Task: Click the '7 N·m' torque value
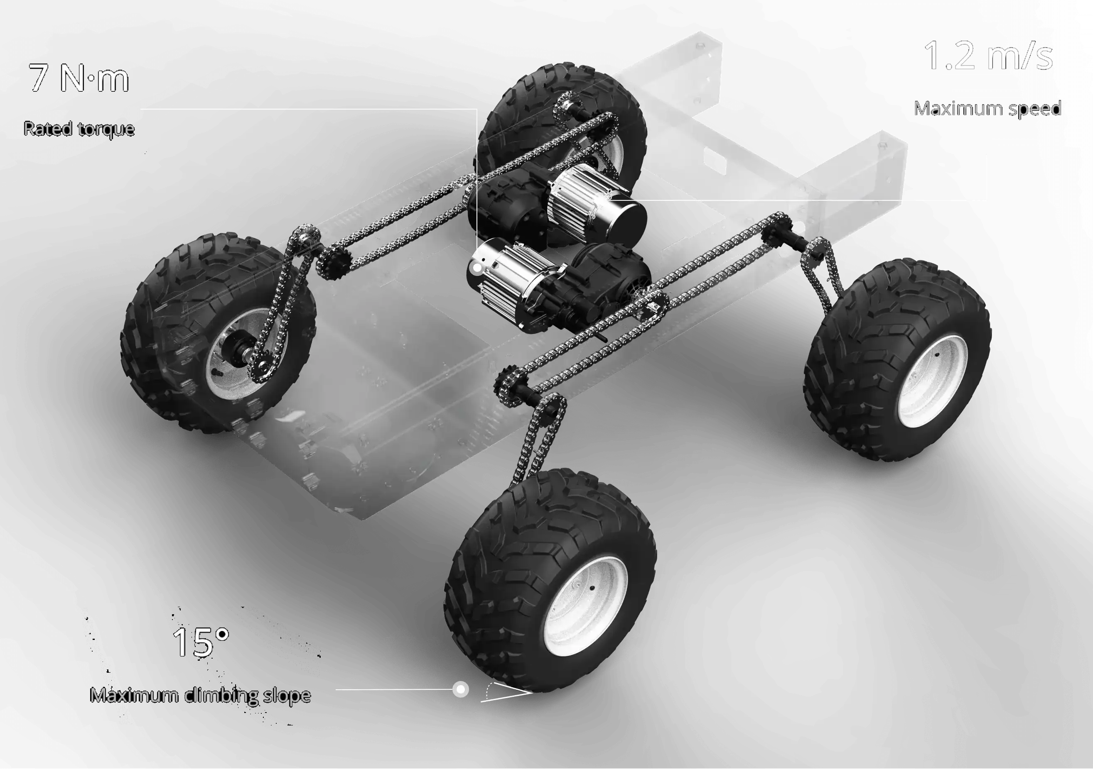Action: (79, 78)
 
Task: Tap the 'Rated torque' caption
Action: (79, 129)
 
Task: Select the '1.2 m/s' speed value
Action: (988, 56)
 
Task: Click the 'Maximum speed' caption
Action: (987, 109)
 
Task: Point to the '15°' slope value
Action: (200, 642)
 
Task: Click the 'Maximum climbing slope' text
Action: (200, 695)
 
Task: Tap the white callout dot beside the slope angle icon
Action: (460, 689)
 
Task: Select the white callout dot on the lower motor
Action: (476, 268)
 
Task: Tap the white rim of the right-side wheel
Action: (932, 382)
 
